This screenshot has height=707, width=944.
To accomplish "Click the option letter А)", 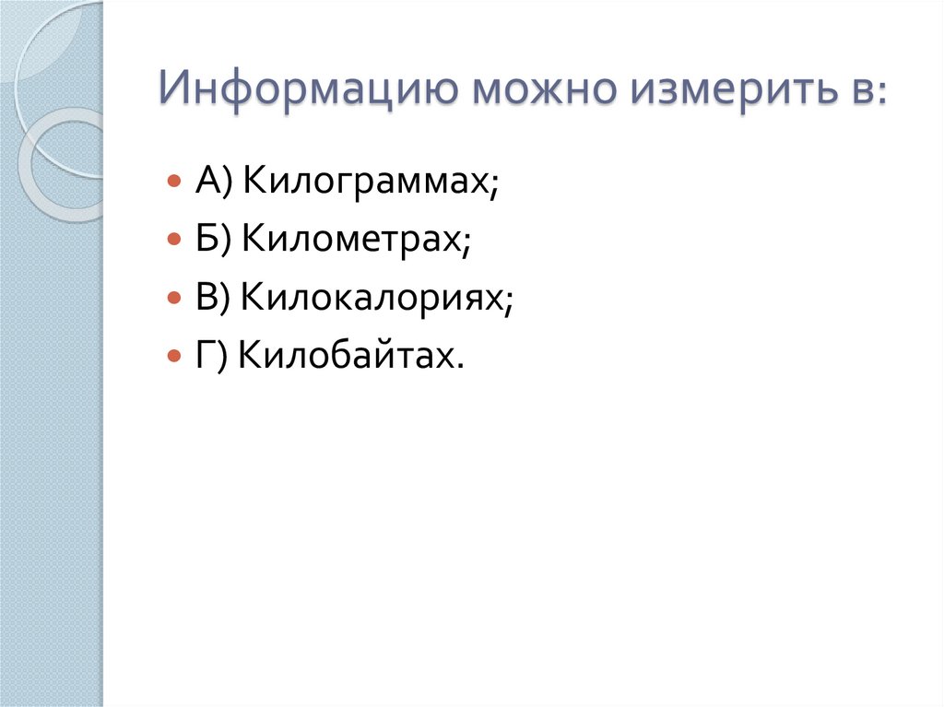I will pos(215,182).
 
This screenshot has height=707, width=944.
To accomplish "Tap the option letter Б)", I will pos(215,240).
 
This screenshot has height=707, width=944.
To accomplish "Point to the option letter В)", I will pos(215,298).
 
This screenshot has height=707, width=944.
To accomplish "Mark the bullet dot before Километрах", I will pos(173,240).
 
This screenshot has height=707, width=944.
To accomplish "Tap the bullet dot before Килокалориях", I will pos(173,298).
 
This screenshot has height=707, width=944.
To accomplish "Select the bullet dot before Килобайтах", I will pos(173,356).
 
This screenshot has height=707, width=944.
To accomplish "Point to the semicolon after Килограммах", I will pos(495,187).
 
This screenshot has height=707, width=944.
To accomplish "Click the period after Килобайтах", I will pos(457,362).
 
